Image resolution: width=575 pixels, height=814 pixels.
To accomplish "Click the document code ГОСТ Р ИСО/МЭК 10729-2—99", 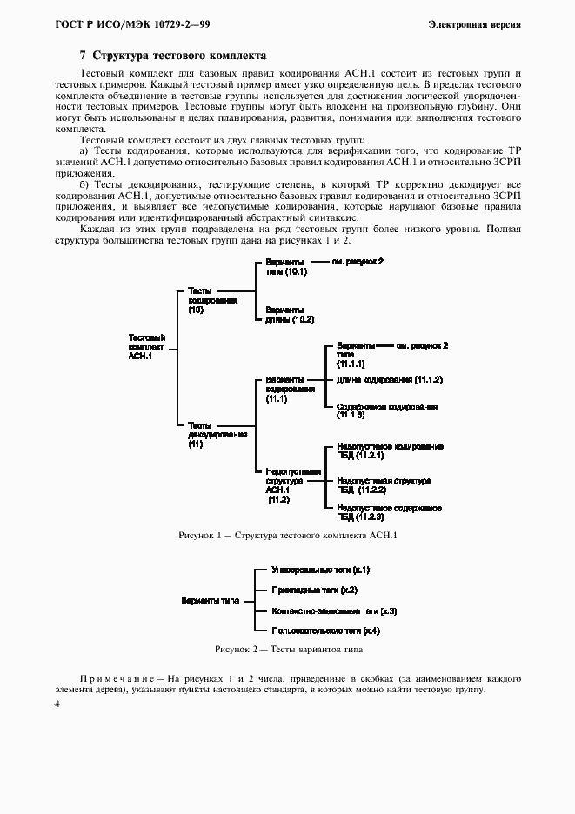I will (114, 23).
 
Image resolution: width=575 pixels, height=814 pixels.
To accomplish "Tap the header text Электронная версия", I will (474, 23).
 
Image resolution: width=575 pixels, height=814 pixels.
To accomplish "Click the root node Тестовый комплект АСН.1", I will (146, 346).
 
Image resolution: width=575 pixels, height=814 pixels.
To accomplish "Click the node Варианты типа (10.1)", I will (286, 266).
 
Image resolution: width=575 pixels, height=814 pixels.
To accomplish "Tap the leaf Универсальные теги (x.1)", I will (321, 570).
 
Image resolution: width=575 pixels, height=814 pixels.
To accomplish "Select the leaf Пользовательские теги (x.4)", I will (324, 630).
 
